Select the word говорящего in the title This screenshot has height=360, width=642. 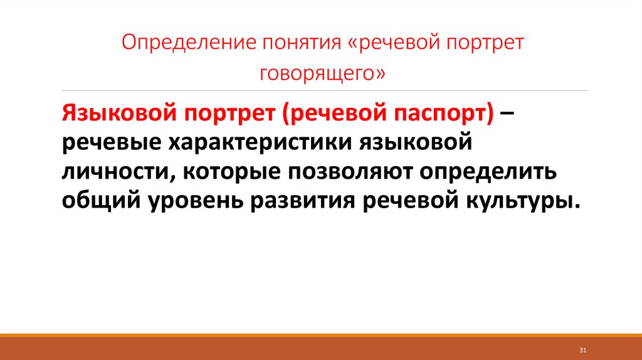click(317, 73)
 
